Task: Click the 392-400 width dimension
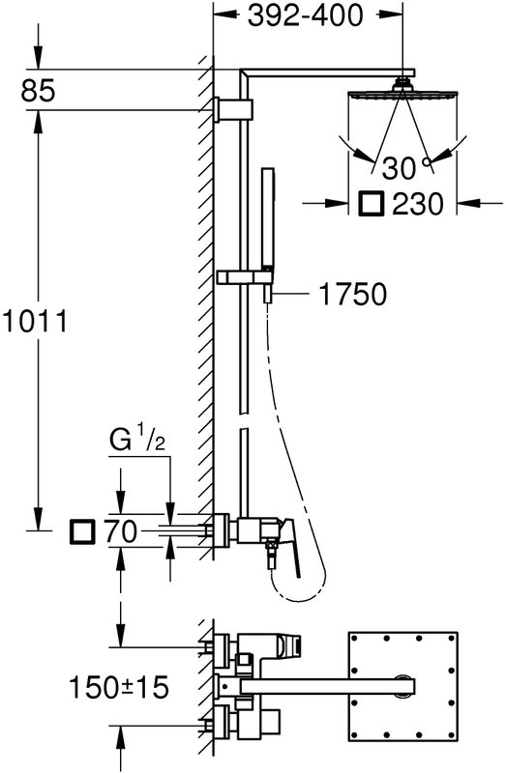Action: click(305, 15)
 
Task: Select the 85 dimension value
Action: click(38, 91)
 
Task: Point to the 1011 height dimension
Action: click(34, 322)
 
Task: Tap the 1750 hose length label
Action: click(353, 295)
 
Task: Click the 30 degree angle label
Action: click(400, 168)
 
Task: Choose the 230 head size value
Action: click(418, 204)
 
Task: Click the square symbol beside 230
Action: click(371, 204)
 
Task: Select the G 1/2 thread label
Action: click(136, 441)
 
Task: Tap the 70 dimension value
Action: click(120, 532)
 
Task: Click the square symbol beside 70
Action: click(82, 532)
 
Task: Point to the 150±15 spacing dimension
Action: click(118, 687)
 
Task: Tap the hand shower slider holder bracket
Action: click(245, 277)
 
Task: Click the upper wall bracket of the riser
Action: click(234, 109)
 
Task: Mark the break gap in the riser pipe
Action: click(243, 420)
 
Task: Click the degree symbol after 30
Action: click(426, 161)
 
